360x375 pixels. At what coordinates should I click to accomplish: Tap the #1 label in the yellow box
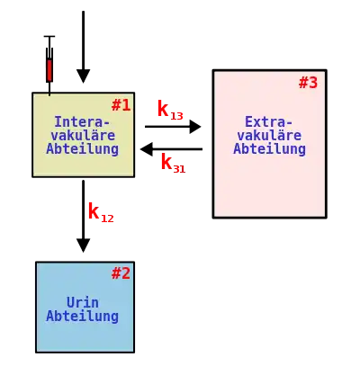[121, 105]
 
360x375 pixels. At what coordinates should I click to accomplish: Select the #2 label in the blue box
[121, 273]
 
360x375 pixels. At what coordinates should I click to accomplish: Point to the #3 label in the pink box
[308, 83]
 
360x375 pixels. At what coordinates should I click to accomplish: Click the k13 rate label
[170, 110]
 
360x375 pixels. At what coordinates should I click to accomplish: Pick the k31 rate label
[173, 163]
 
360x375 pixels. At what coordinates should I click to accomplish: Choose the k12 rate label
[101, 212]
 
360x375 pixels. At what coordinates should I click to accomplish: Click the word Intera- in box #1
[82, 122]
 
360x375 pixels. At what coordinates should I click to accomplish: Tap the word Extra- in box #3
[268, 122]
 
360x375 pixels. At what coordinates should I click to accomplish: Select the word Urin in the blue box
[83, 302]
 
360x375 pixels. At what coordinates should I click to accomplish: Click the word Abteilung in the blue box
[83, 317]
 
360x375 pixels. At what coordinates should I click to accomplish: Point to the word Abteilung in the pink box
[269, 148]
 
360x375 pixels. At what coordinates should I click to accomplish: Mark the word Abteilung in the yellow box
[83, 149]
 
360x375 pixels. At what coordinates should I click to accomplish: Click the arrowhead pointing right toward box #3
[195, 127]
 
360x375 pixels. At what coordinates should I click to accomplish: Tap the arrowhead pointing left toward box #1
[146, 149]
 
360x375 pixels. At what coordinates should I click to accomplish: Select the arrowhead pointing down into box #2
[84, 246]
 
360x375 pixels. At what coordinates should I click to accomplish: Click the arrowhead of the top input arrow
[84, 76]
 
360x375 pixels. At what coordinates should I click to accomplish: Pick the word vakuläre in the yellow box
[83, 136]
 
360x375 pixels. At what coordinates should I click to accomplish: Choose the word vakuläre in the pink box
[269, 136]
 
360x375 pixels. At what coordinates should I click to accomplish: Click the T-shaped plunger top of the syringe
[49, 37]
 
